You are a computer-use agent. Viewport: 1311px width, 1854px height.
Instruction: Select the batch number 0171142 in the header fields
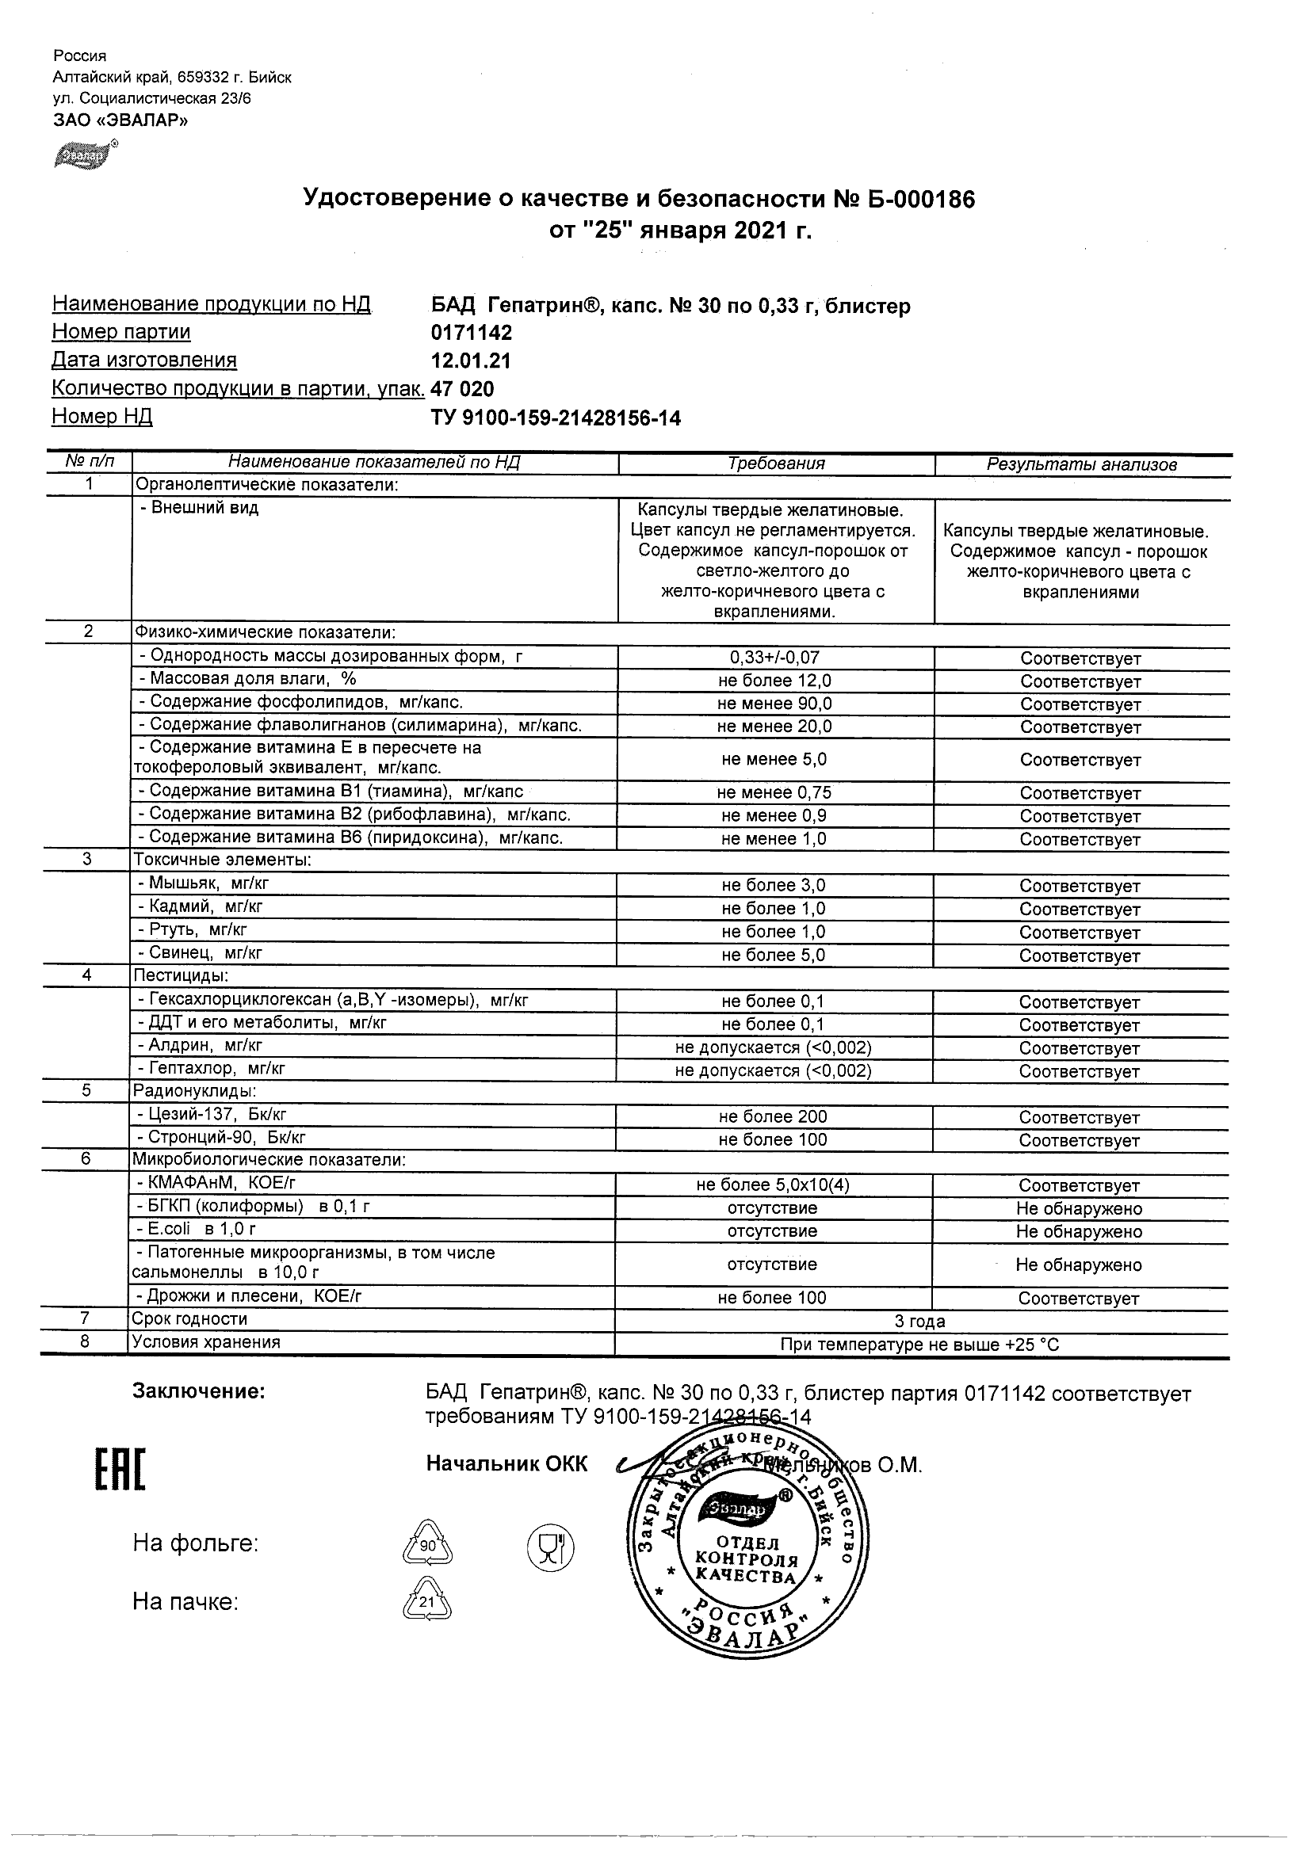(x=472, y=333)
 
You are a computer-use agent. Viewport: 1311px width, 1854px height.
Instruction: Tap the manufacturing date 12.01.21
(x=471, y=361)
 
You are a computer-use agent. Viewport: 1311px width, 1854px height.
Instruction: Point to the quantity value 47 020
(x=462, y=389)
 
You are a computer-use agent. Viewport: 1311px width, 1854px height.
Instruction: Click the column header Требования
(x=776, y=463)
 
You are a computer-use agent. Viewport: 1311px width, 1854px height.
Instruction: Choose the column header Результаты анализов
(x=1082, y=464)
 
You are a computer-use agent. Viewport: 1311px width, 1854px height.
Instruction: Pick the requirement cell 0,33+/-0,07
(x=774, y=658)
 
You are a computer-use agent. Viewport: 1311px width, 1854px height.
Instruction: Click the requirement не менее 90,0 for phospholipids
(x=774, y=704)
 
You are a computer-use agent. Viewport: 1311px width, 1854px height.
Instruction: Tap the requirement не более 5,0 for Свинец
(x=774, y=956)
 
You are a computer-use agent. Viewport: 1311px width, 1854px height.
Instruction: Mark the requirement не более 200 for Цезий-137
(x=773, y=1117)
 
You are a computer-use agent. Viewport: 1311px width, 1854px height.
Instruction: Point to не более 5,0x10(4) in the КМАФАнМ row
(x=773, y=1185)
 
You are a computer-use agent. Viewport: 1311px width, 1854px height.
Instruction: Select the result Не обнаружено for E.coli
(x=1080, y=1231)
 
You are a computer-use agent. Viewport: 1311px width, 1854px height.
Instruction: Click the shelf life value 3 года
(x=919, y=1322)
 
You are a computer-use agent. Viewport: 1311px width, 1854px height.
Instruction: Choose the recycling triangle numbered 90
(x=427, y=1545)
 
